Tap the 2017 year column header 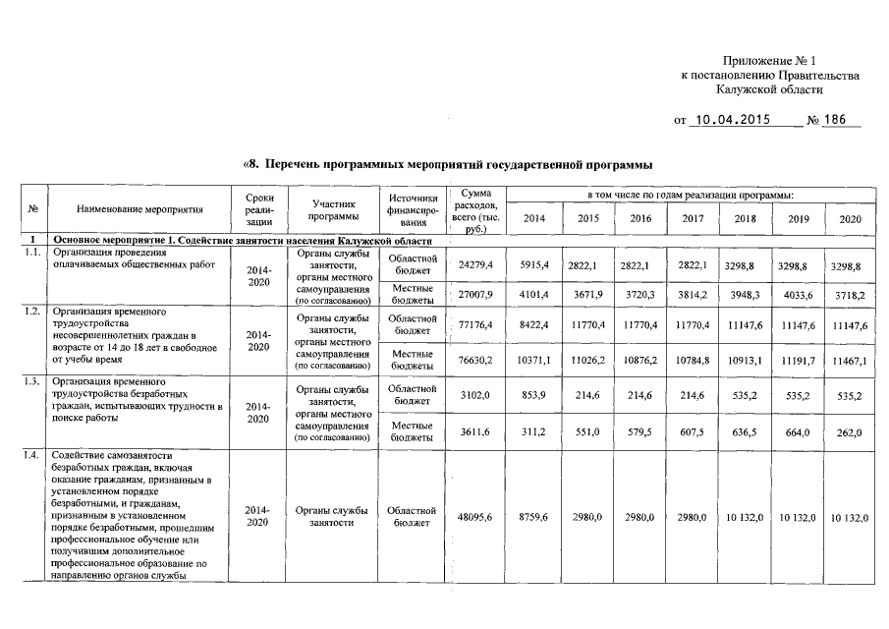pyautogui.click(x=693, y=218)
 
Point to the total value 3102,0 pyautogui.click(x=475, y=395)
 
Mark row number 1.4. pyautogui.click(x=32, y=456)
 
